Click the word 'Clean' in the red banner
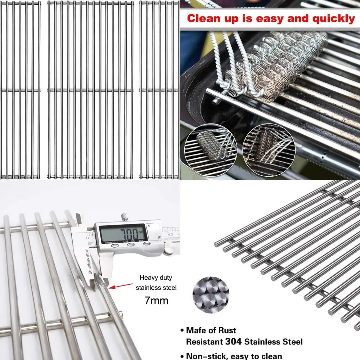click(x=204, y=18)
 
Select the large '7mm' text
click(x=156, y=300)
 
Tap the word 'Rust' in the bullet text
click(x=226, y=330)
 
